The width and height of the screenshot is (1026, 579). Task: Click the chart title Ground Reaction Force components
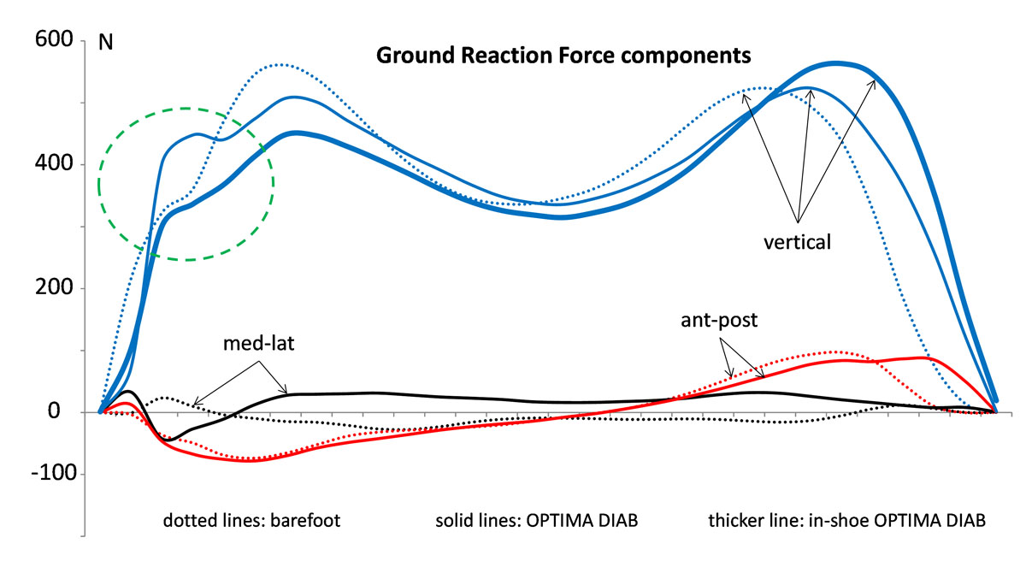[x=563, y=56]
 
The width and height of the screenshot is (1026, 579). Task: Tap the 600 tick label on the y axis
[x=53, y=41]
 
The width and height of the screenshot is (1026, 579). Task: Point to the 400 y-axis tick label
[x=53, y=165]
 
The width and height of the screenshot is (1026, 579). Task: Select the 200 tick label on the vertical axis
[x=53, y=289]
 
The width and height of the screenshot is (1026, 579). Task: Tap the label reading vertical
[x=797, y=242]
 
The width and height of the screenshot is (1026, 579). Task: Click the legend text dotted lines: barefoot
[x=252, y=521]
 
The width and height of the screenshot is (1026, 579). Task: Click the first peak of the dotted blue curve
[x=280, y=65]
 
